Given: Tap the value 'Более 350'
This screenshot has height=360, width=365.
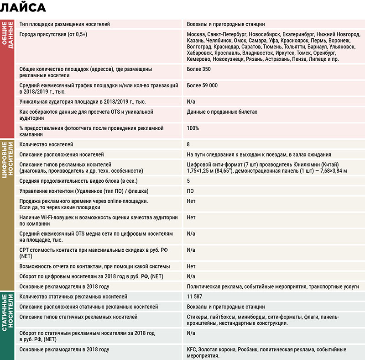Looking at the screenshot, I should click(x=198, y=69).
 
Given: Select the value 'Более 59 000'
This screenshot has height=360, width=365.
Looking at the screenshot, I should click(x=202, y=85).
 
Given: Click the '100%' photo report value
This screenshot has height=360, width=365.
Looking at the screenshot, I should click(x=193, y=128).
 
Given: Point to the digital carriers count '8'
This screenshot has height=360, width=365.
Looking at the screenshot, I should click(x=188, y=144).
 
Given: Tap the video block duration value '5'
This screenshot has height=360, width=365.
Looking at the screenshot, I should click(x=188, y=180).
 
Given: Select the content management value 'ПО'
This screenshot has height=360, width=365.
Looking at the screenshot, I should click(x=190, y=191).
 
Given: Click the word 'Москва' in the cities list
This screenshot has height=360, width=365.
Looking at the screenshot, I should click(x=196, y=35).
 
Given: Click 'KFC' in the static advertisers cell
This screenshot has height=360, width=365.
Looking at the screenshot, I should click(x=192, y=349).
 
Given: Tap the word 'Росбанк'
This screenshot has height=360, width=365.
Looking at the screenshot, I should click(x=249, y=349).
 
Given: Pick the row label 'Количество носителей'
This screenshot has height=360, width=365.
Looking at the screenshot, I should click(x=46, y=144).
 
